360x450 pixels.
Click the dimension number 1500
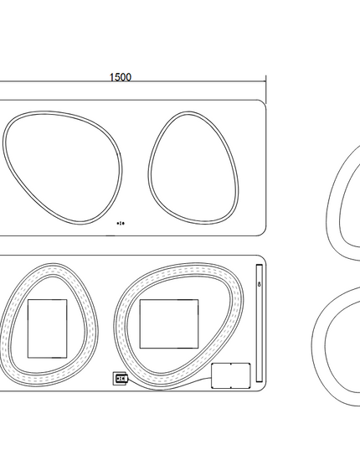click(121, 77)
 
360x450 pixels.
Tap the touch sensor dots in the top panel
click(121, 223)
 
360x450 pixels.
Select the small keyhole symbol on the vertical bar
click(260, 284)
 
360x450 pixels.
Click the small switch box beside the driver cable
click(120, 379)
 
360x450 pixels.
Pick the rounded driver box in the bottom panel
click(231, 375)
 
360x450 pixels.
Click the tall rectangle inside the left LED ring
click(47, 328)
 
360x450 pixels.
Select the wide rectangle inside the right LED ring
click(169, 323)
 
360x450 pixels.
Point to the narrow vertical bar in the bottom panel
click(259, 323)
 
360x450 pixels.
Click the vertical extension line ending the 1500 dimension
click(265, 90)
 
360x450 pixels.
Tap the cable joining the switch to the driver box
click(169, 388)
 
